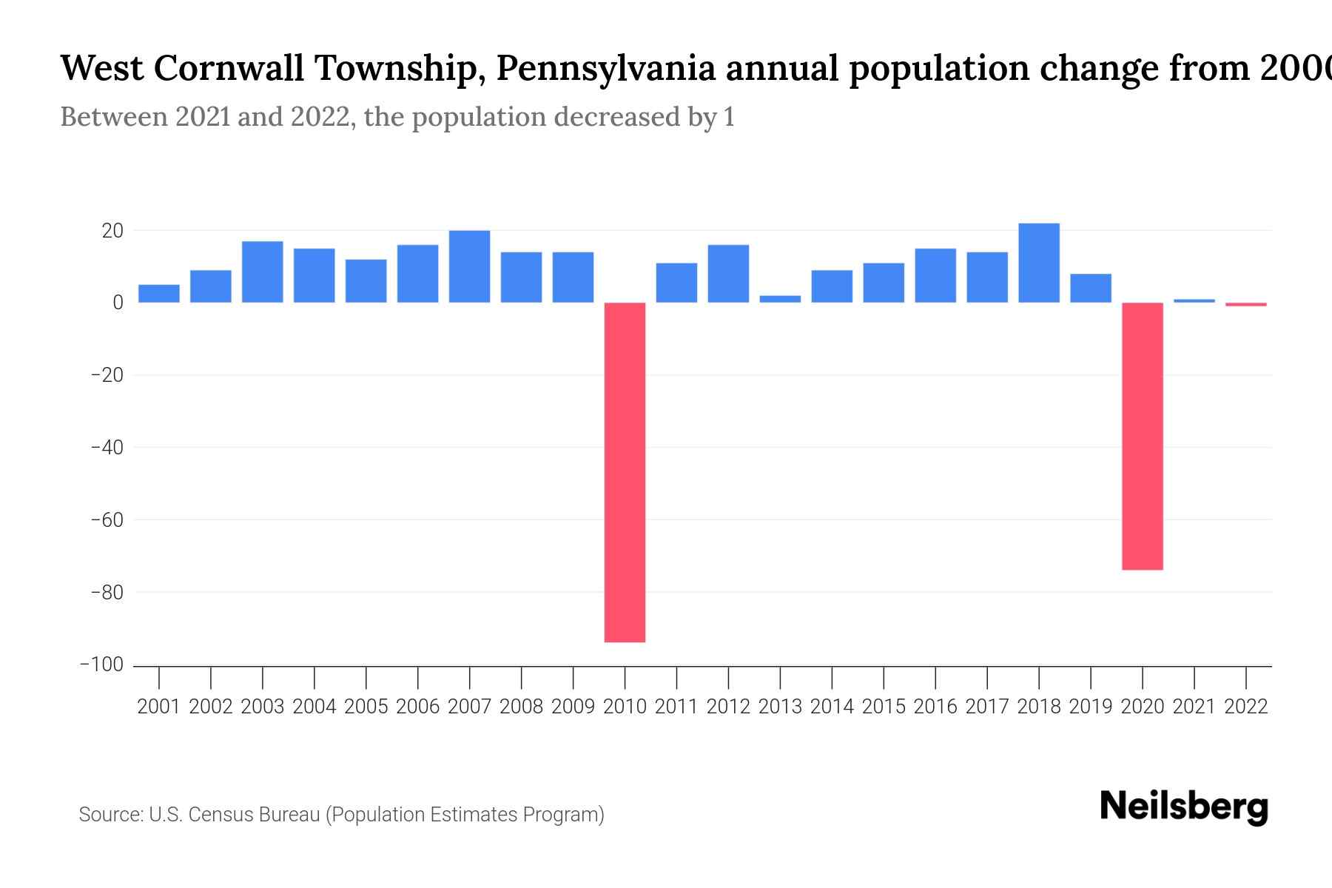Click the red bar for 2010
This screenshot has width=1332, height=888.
[625, 472]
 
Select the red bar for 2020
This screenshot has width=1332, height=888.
[1142, 436]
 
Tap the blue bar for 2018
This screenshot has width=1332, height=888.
[1038, 263]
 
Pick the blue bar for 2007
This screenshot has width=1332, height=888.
[469, 266]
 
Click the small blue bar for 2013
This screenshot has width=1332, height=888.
[780, 299]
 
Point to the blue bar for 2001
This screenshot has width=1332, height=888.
[159, 294]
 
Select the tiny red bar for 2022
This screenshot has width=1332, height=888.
[1245, 304]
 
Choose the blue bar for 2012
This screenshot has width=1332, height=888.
[728, 274]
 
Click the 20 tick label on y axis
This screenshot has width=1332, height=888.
[112, 231]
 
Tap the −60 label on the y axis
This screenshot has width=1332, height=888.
[107, 519]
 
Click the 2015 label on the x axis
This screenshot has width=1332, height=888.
[884, 707]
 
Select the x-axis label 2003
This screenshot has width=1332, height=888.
[263, 707]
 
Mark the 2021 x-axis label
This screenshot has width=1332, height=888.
[1194, 707]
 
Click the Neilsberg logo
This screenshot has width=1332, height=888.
[1184, 807]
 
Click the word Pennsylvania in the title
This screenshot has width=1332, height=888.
[605, 68]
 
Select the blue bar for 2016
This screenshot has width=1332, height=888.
[935, 275]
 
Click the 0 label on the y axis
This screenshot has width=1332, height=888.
[118, 303]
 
